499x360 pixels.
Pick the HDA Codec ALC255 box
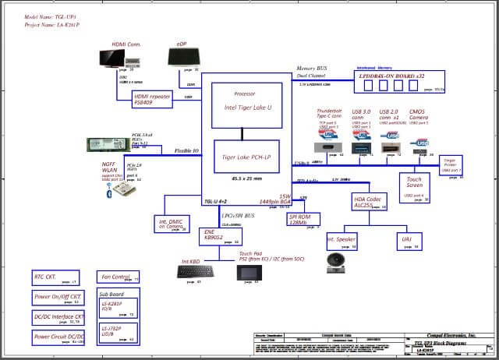point(370,203)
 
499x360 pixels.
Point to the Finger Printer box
point(451,164)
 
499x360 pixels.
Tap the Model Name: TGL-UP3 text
point(51,16)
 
